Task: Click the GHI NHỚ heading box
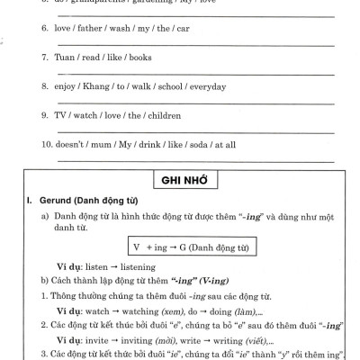[x=180, y=180]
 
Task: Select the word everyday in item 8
[x=205, y=86]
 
